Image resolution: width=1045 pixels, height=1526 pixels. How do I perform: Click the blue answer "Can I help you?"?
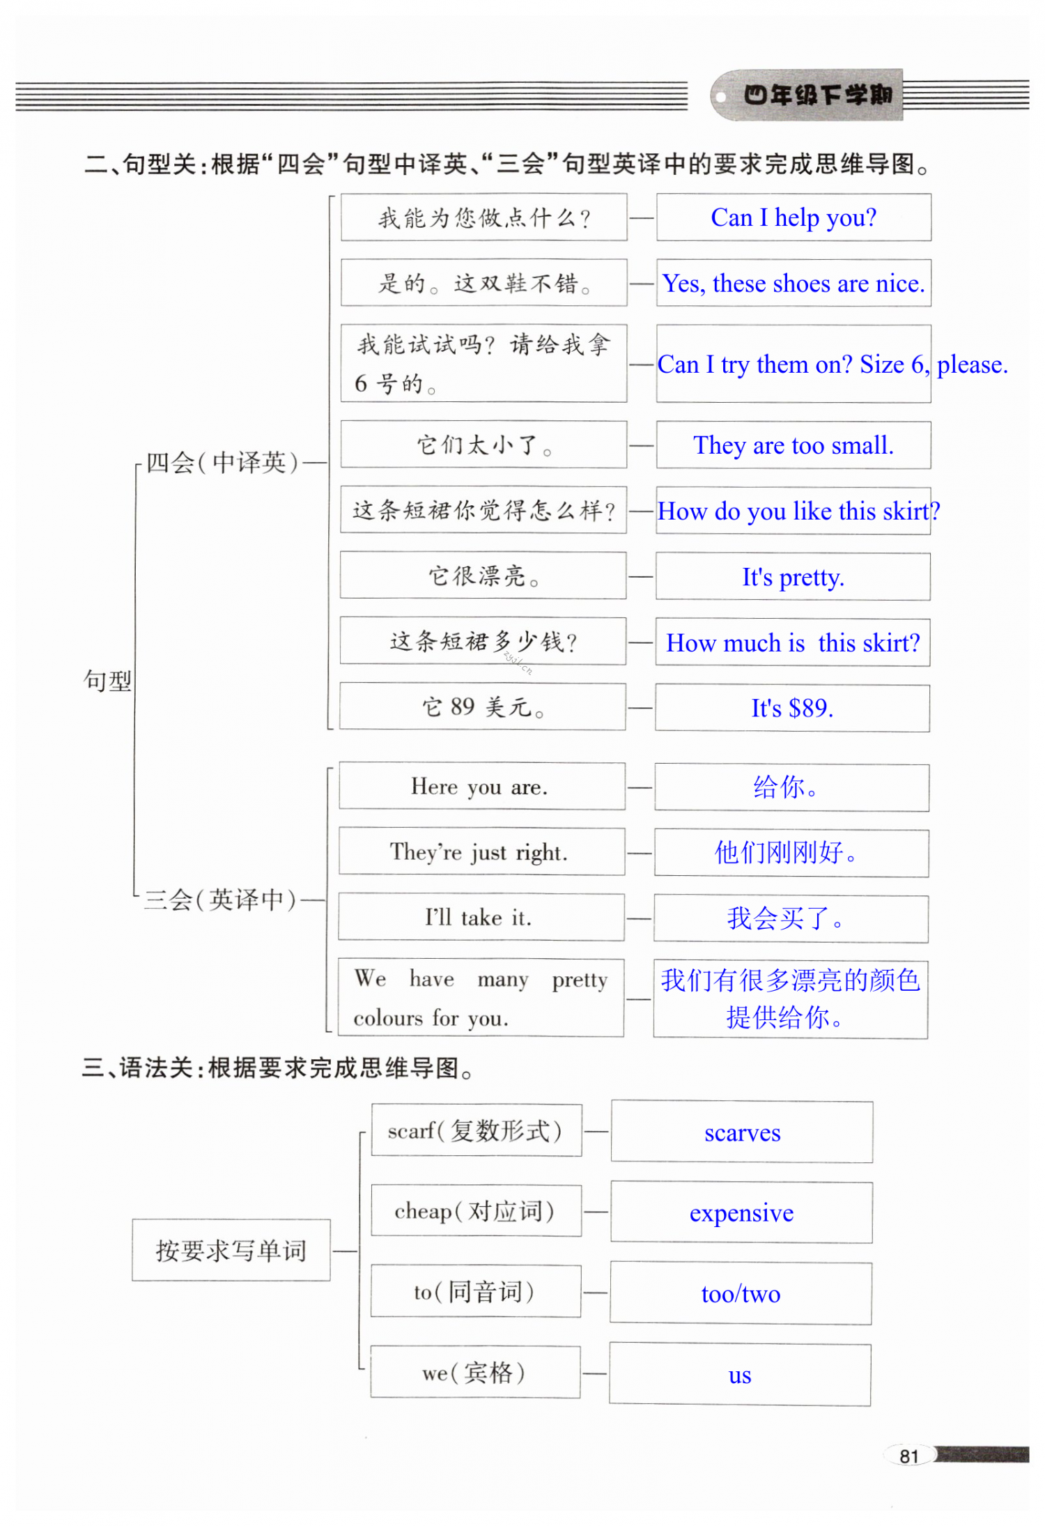tap(793, 218)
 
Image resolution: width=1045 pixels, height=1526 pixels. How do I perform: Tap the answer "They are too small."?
tap(793, 445)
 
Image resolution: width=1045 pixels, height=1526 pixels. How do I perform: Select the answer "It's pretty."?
tap(793, 577)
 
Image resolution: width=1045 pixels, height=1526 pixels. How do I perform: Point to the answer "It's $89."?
tap(792, 709)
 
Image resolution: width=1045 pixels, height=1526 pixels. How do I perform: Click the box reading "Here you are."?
tap(479, 787)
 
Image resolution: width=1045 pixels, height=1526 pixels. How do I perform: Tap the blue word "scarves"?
tap(742, 1132)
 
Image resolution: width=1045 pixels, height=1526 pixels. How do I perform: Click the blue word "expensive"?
tap(741, 1213)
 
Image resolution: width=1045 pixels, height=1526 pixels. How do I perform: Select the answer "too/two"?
tap(741, 1294)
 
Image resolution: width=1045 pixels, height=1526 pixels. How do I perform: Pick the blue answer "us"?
tap(740, 1375)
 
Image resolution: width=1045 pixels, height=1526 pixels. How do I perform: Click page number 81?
tap(908, 1456)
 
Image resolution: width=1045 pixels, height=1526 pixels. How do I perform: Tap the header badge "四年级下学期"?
tap(817, 95)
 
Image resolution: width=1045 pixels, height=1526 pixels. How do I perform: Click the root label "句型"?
tap(107, 681)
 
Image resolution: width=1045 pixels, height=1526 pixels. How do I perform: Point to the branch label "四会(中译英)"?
tap(222, 462)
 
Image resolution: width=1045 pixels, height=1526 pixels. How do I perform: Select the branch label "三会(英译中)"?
tap(220, 900)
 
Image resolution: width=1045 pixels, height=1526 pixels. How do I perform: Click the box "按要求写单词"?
tap(231, 1251)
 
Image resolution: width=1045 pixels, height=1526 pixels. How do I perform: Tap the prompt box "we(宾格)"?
tap(474, 1372)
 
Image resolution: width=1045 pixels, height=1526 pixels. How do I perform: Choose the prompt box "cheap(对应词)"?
tap(475, 1211)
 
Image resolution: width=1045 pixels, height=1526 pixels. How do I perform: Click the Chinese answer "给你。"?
tap(785, 787)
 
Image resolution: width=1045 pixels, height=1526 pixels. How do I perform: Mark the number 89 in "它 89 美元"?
tap(463, 707)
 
